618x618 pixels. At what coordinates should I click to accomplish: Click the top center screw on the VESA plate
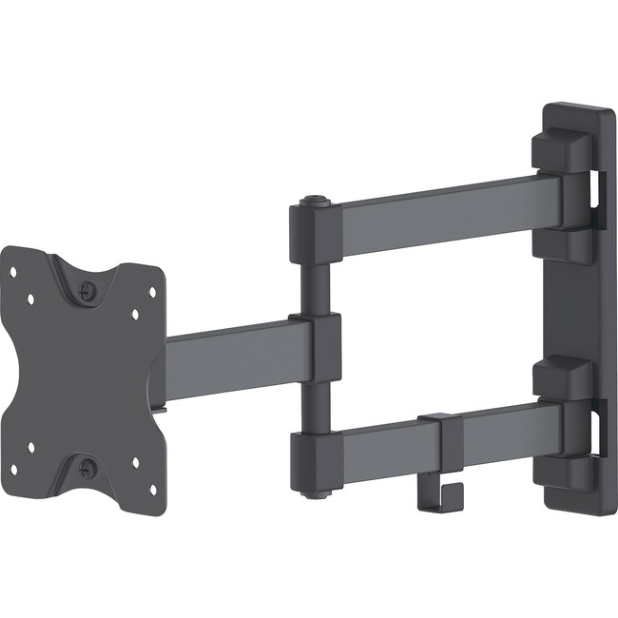pos(87,292)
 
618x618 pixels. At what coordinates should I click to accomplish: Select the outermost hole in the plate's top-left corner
pos(13,272)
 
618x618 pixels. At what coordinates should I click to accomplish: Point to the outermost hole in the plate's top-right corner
pos(152,293)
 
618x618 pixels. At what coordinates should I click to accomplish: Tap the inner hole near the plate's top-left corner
pos(31,299)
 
